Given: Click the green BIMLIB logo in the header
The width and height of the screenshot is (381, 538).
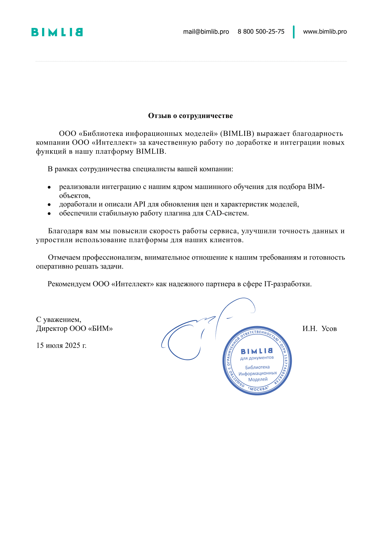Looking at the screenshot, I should coord(57,32).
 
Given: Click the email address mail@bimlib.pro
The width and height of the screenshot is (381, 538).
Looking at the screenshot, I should coord(206,32).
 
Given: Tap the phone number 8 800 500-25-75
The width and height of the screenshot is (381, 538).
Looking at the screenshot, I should coord(261,32).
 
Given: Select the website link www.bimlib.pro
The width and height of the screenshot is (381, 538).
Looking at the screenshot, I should coord(325,32).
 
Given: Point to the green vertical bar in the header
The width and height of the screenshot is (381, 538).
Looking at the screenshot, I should coord(294,32).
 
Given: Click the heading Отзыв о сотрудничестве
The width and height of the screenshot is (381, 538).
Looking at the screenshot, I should coord(190,116).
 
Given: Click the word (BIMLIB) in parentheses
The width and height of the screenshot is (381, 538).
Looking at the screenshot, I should coord(237,133).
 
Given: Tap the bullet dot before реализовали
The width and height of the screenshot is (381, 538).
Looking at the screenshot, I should coord(49,187).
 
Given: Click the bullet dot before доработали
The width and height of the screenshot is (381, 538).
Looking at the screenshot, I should coord(49,204).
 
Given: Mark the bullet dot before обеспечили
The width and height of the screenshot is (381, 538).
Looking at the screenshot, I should coord(49,213).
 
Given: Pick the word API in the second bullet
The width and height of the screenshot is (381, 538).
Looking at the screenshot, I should coord(139,204).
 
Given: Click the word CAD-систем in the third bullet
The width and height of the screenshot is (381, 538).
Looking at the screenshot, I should coord(227,213).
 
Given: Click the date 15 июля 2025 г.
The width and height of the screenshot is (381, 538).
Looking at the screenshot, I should coord(61,345).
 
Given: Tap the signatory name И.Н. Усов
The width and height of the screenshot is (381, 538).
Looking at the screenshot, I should coord(319,329).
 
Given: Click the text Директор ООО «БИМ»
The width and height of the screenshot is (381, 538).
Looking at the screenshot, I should coord(74,329).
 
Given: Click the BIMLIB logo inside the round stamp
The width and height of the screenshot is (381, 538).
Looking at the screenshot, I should coord(257,351).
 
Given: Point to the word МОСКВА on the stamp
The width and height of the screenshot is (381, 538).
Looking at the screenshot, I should coord(258,389).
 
